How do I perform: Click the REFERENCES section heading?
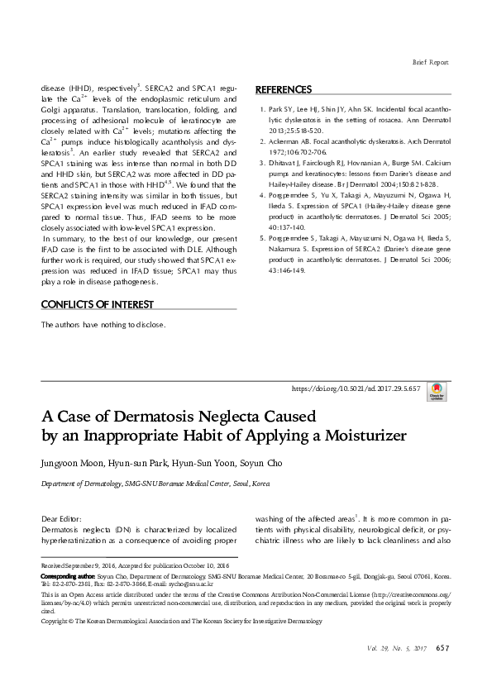284,89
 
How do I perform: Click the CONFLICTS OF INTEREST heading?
93,303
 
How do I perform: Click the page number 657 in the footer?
442,647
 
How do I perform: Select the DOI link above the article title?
357,388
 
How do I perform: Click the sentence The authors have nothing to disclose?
103,325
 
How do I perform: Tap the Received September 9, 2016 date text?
77,566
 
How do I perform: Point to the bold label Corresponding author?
68,575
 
